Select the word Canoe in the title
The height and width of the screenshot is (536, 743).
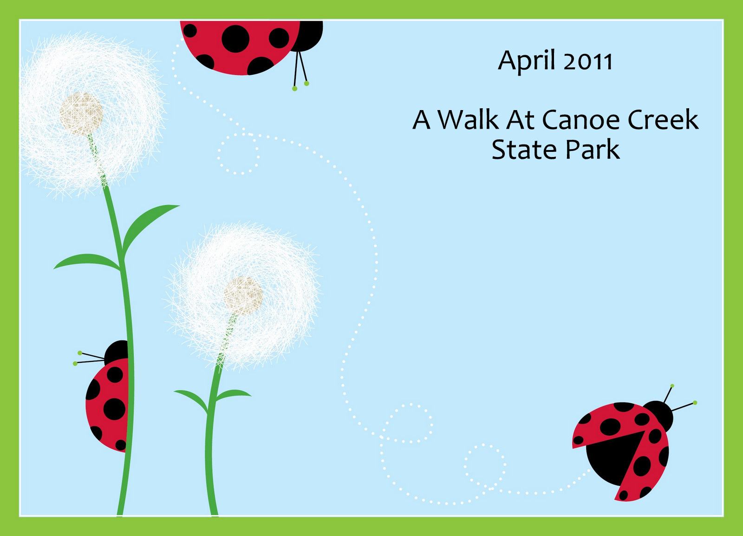[581, 120]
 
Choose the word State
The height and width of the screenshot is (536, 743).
[524, 150]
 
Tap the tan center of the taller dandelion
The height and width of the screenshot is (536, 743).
[81, 114]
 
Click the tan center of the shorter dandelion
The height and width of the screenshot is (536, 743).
[243, 296]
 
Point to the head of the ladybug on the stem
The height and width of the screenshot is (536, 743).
[116, 353]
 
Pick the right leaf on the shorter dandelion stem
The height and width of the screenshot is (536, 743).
[233, 395]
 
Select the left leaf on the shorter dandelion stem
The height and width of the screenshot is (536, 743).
[192, 400]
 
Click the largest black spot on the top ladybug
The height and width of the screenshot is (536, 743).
[235, 39]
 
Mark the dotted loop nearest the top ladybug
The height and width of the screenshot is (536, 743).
[239, 154]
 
